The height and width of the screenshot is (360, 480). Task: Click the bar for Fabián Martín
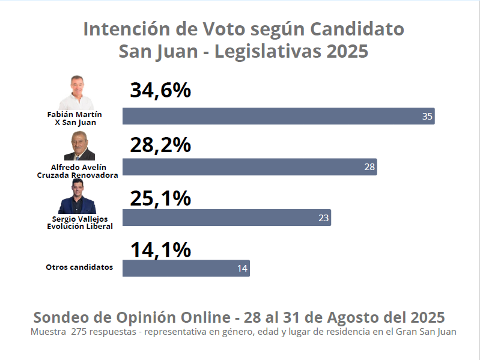point(278,116)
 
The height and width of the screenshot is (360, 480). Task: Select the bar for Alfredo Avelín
point(249,166)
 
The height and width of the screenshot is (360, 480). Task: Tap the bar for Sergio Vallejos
point(226,218)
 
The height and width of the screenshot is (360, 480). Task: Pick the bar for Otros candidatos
point(186,268)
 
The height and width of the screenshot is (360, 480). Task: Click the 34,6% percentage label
point(160,91)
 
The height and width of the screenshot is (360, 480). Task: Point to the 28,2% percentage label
point(160,145)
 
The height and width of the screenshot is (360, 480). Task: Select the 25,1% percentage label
point(160,198)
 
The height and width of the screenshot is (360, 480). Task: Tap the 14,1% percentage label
point(160,249)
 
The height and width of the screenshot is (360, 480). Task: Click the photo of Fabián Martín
point(77,93)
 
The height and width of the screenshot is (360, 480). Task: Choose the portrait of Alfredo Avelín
point(79,147)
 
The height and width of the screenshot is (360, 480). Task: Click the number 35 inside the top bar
point(427,117)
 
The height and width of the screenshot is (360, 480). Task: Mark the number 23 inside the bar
point(323,218)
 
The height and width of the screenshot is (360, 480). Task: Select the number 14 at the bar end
point(242,269)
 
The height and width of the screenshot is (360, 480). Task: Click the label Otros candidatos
point(79,267)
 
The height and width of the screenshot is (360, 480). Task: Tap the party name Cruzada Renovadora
point(77,175)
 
